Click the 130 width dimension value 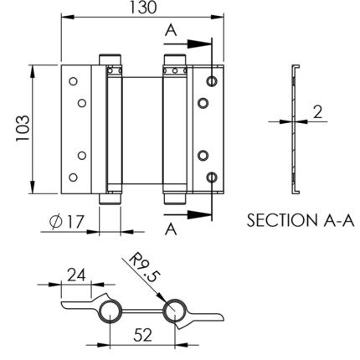143,8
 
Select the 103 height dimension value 23,128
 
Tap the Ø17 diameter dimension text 67,222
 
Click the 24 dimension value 76,275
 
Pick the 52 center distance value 142,335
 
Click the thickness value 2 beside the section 317,112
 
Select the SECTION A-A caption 301,220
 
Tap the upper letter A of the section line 171,30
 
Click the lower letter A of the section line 171,229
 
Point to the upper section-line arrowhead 198,44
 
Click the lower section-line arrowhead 198,214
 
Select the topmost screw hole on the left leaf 73,81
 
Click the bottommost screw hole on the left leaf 73,177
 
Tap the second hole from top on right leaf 203,103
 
